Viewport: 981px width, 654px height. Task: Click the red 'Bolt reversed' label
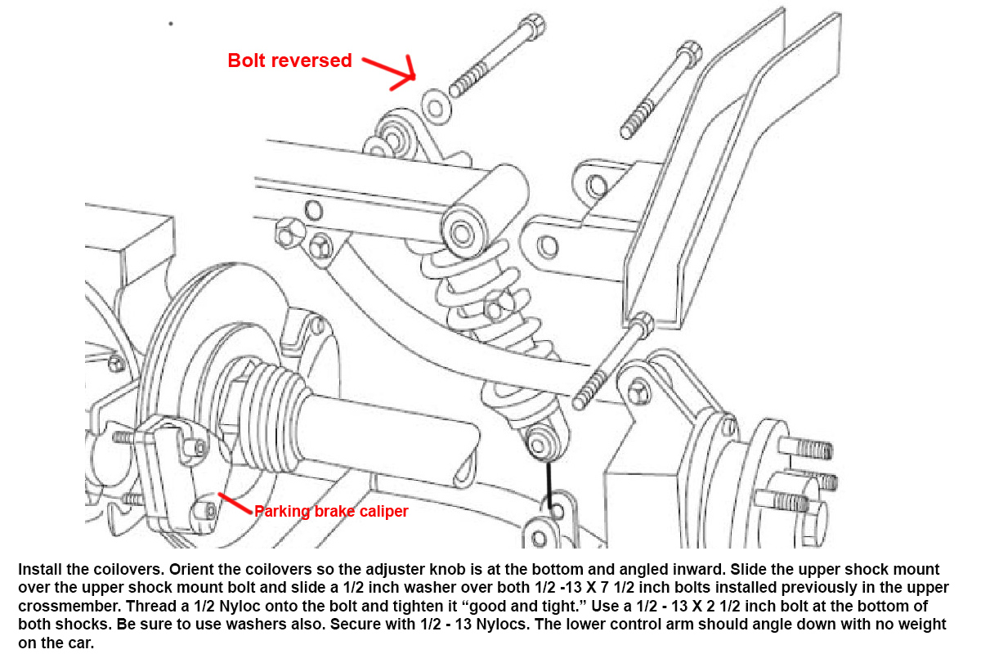coord(289,60)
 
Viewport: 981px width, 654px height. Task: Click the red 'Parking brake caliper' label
coord(331,511)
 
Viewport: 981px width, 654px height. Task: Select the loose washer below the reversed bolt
coord(436,107)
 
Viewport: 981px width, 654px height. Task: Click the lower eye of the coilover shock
coord(539,446)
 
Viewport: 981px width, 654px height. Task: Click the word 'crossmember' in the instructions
coord(69,607)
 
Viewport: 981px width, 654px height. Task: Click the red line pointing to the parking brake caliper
coord(235,503)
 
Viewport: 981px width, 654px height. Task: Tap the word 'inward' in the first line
coord(701,570)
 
